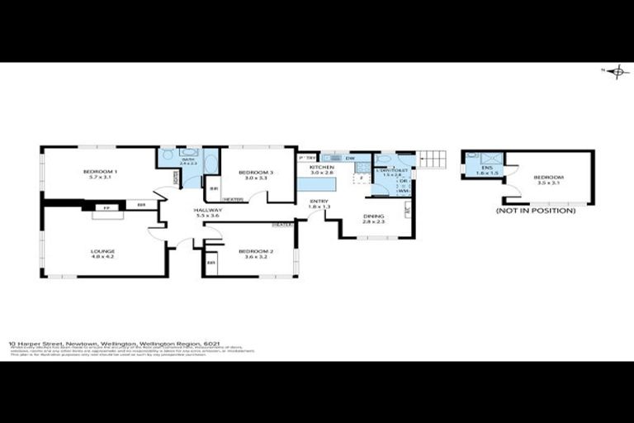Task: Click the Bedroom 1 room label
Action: coord(100,173)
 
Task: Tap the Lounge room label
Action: coord(103,253)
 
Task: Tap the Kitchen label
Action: coord(321,169)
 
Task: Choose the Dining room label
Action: coord(373,218)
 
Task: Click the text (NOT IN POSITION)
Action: coord(536,211)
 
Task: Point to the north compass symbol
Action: coord(616,73)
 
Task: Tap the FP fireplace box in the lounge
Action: coord(106,207)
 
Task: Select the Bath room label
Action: coord(188,162)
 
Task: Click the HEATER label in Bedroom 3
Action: coord(233,199)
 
